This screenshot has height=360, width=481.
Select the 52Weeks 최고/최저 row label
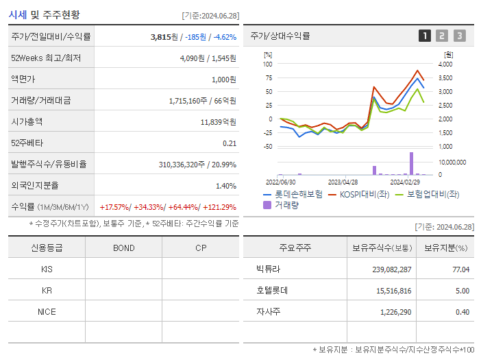[x=46, y=58]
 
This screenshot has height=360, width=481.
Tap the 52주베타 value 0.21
[x=230, y=143]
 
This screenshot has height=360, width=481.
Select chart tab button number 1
[x=425, y=36]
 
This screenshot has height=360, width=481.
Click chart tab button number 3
[x=459, y=36]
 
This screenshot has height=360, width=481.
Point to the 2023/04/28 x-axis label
[x=343, y=182]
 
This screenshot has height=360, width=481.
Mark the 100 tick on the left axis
[x=268, y=64]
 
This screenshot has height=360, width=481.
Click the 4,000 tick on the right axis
[x=445, y=64]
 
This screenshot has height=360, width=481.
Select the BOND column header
[x=123, y=248]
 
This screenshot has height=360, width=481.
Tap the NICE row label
[x=47, y=311]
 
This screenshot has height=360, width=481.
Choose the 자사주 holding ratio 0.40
[x=462, y=312]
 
